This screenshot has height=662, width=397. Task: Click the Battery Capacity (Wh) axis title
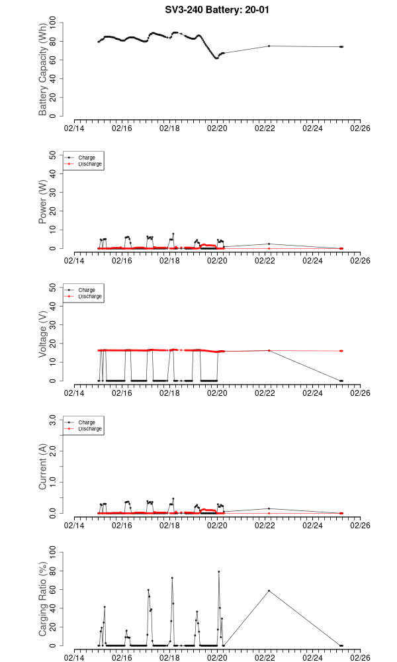43,70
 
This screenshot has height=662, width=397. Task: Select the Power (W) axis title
43,202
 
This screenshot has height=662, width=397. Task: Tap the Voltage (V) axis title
43,334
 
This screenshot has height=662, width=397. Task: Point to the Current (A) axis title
43,467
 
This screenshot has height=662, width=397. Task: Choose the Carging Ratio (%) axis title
43,599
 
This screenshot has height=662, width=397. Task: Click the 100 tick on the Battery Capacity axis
52,23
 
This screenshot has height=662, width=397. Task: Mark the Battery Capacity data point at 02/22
269,46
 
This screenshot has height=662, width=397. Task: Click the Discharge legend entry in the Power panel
90,164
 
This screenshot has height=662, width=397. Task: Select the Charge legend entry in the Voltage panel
87,290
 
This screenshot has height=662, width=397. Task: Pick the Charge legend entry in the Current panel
87,422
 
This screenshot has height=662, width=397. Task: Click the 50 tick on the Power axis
52,155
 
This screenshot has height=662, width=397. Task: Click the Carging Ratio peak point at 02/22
269,591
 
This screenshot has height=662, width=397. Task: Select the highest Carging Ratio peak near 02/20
219,571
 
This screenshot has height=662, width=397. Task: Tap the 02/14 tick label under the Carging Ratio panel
74,657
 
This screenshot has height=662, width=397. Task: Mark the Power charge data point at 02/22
269,244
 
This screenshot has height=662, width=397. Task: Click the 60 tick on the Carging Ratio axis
52,589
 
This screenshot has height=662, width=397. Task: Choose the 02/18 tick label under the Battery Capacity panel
169,128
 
